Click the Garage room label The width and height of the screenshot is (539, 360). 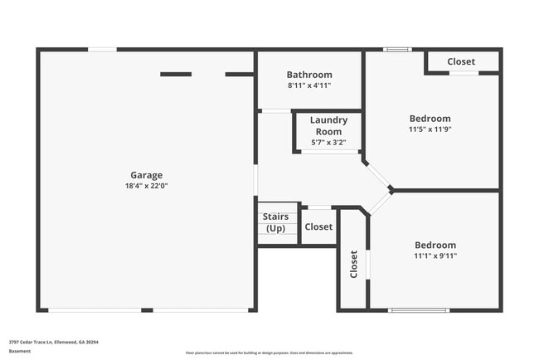pos(146,175)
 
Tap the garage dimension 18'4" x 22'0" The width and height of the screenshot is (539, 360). pos(146,186)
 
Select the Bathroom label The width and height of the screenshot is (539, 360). pos(309,75)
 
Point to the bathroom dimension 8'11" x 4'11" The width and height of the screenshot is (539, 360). pos(309,85)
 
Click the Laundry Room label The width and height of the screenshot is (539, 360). pos(328,126)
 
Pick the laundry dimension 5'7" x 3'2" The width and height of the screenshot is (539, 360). pos(328,143)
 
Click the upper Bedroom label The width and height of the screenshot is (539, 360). pos(430,119)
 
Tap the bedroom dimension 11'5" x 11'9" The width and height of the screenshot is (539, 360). pos(430,129)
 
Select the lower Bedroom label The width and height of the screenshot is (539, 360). pos(435,246)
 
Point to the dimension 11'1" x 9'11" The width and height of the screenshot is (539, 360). pos(435,256)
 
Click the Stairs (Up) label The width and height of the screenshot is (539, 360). pos(276,222)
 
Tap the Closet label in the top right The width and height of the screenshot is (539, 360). pos(461,61)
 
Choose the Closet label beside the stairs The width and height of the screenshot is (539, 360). pos(318,226)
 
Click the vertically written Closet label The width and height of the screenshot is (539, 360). pos(353,264)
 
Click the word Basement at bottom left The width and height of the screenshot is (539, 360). pos(20,352)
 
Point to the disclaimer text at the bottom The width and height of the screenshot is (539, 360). pos(269,353)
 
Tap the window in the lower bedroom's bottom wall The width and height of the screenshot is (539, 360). pos(419,310)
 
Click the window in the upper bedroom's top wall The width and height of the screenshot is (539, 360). pos(397,49)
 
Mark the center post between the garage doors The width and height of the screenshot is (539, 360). pos(147,310)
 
